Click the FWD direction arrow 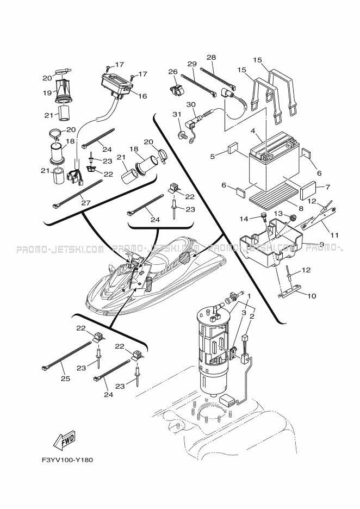coord(65,440)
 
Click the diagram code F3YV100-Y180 coord(67,460)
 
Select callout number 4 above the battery coord(252,132)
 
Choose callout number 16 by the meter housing coord(142,96)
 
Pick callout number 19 coord(47,93)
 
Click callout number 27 coord(86,203)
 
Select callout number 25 coord(66,378)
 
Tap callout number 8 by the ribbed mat coord(301,208)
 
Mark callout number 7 coord(327,187)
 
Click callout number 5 coord(213,157)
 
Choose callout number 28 coord(212,58)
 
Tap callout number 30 coord(191,104)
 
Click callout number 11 coord(334,235)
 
